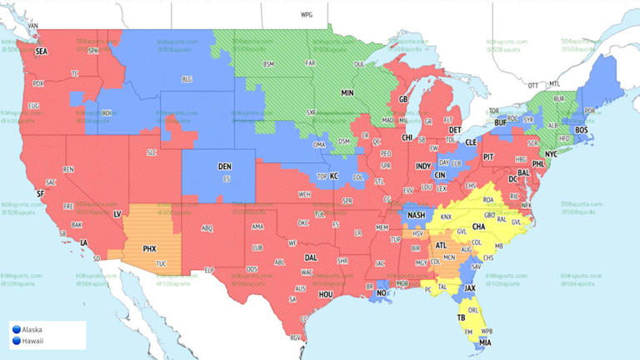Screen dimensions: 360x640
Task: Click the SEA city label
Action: pos(41,51)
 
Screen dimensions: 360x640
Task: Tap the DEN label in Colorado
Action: pos(225,167)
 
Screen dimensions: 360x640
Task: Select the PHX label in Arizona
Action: pos(150,248)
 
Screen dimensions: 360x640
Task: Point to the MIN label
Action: pos(348,93)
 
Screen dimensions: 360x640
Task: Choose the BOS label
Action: pos(582,130)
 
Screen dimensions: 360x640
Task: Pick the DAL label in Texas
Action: pos(310,257)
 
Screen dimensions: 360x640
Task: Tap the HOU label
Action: pos(326,294)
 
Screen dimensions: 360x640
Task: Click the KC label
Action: pos(334,177)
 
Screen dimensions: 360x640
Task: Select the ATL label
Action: pos(442,244)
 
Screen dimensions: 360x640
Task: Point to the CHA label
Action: pos(479,226)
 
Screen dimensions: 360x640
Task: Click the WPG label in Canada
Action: pos(307,15)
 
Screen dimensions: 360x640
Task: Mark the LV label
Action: pos(117,214)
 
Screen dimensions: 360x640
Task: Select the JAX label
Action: pos(470,288)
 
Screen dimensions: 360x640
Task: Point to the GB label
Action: pos(403,99)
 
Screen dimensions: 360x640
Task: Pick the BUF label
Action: pos(500,122)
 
